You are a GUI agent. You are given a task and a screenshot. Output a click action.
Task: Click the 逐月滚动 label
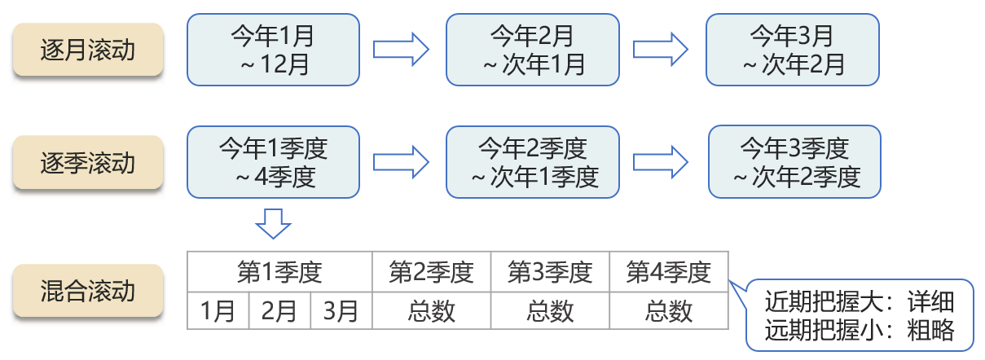(x=88, y=50)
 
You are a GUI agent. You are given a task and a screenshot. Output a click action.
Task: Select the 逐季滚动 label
(x=88, y=163)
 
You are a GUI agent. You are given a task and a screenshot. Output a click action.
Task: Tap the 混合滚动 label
(x=88, y=291)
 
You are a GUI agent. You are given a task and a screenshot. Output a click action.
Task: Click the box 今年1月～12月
(x=273, y=50)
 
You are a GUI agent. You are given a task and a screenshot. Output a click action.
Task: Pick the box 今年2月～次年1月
(x=533, y=50)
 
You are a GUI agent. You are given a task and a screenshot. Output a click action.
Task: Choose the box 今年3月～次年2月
(x=792, y=50)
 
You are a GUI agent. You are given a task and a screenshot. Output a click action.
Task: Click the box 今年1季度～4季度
(x=273, y=162)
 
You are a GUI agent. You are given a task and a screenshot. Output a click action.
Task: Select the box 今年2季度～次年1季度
(x=533, y=162)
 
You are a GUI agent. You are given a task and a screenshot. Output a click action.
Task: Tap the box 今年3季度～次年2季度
(x=794, y=162)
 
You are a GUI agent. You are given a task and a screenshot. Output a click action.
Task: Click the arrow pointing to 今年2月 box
(x=402, y=50)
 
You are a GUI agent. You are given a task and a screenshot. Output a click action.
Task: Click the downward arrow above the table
(x=273, y=222)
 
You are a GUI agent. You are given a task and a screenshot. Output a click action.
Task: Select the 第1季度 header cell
(x=279, y=272)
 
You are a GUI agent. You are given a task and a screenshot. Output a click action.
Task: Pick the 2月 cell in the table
(x=279, y=311)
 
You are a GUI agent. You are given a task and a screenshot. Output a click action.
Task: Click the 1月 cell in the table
(x=218, y=311)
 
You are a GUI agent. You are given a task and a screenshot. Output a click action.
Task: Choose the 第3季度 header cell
(x=550, y=272)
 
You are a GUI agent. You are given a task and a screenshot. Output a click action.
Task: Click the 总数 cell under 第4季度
(x=669, y=311)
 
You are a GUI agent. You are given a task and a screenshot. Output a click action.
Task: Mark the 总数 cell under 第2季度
(x=432, y=311)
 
